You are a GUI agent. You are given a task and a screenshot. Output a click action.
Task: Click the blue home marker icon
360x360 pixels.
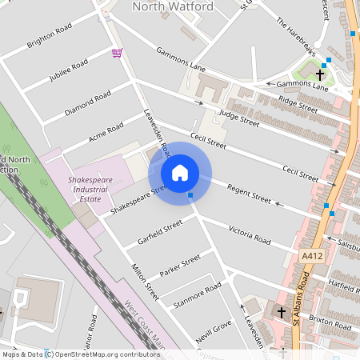click(180, 173)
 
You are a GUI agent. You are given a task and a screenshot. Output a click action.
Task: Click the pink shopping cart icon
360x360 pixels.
click(117, 53)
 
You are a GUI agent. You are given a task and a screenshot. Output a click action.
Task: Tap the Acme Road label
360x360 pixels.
click(106, 130)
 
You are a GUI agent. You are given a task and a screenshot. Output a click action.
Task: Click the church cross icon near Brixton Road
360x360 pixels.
click(281, 311)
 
